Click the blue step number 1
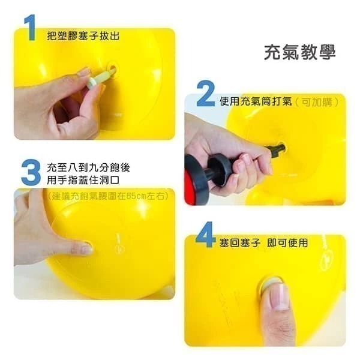(x=30, y=28)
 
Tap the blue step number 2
(x=206, y=94)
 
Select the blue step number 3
(x=31, y=172)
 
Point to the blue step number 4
(x=205, y=235)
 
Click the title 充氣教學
(x=300, y=53)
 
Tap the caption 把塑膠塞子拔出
(x=83, y=36)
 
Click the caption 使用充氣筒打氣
(x=256, y=101)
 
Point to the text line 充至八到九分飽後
(x=88, y=167)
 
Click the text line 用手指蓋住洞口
(x=83, y=180)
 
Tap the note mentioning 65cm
(x=109, y=196)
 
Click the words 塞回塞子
(x=239, y=242)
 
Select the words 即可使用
(x=287, y=242)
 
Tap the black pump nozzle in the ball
(x=277, y=150)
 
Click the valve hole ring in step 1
(x=113, y=70)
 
